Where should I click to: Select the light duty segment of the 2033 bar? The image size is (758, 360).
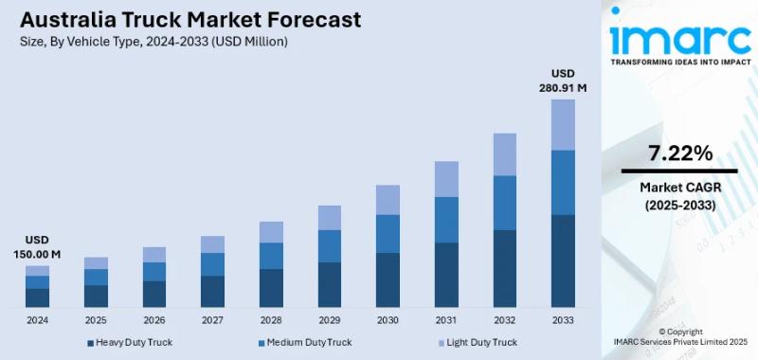[563, 124]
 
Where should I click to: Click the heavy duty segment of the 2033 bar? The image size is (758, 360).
[563, 261]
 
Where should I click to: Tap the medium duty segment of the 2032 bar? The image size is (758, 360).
[505, 203]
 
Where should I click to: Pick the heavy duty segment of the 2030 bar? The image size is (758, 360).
[388, 279]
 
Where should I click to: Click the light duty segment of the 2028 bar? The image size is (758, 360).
[271, 232]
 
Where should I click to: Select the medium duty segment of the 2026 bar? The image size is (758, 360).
[154, 272]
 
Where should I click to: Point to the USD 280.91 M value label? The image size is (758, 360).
[563, 81]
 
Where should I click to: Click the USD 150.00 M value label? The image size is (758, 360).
[37, 247]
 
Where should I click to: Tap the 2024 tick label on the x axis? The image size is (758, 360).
[37, 320]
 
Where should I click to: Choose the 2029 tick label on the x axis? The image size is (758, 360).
[330, 320]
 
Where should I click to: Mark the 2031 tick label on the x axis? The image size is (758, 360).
[446, 320]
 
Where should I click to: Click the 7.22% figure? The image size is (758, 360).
[679, 153]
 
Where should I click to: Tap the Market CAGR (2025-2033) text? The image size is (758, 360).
[679, 195]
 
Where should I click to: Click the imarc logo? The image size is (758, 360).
[679, 38]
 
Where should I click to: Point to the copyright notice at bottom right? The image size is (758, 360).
[679, 337]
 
